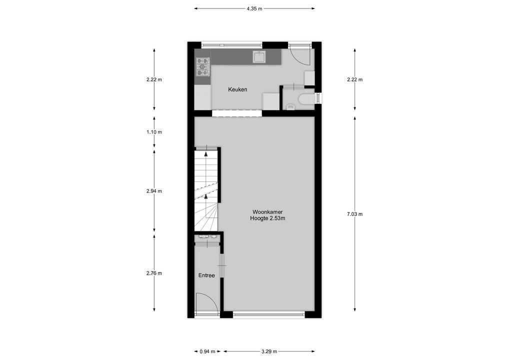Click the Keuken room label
coord(237,89)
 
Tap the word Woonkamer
coord(267,212)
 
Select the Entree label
coord(206,275)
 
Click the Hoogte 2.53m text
coord(267,218)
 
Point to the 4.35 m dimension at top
coord(254,8)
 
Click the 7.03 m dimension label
coord(354,214)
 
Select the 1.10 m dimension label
coord(154,132)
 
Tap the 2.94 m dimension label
coord(154,191)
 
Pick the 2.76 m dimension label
coord(154,273)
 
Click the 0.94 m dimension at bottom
coord(207,351)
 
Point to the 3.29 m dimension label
coord(268,351)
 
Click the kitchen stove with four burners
coord(202,66)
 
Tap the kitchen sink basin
coord(259,57)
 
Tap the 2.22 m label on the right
coord(354,79)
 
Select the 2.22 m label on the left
coord(154,79)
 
